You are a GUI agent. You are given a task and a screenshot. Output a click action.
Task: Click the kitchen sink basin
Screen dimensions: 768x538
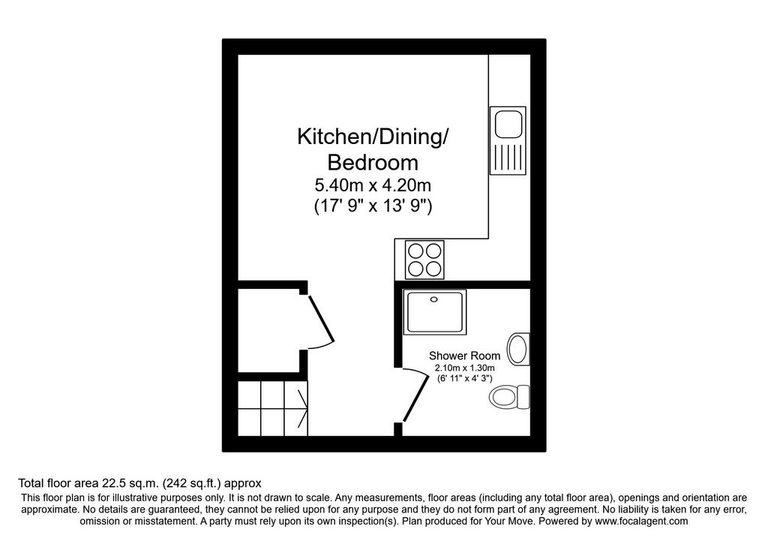508,125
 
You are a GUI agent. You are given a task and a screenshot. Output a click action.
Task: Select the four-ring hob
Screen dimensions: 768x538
424,260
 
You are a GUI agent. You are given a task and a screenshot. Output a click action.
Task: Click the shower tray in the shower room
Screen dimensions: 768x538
434,313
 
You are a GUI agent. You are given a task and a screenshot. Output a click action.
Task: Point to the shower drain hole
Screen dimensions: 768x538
434,299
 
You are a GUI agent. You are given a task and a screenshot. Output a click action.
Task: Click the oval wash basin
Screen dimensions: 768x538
518,350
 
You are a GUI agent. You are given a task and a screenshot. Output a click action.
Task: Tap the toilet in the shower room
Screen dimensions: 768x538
510,397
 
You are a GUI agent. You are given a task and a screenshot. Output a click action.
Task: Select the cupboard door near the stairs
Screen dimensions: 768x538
320,318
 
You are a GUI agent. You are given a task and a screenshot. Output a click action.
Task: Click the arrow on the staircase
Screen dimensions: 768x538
303,408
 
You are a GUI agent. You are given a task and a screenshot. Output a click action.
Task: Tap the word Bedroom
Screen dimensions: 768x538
373,162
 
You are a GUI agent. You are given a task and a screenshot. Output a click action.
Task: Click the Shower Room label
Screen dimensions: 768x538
464,356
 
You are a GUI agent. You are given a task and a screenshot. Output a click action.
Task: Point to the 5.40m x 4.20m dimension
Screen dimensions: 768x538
373,185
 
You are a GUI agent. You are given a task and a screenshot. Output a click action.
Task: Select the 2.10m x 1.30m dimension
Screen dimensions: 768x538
464,368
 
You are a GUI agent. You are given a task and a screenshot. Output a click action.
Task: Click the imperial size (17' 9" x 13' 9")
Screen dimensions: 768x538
373,206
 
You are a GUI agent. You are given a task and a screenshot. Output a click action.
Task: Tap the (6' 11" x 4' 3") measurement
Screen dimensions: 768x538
464,378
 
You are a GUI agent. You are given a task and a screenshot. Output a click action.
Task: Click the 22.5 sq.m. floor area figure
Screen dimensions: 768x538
129,484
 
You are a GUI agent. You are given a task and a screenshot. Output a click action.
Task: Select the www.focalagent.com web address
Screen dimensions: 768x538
641,521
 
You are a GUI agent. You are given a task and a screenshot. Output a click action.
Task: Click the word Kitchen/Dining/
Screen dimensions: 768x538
373,137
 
